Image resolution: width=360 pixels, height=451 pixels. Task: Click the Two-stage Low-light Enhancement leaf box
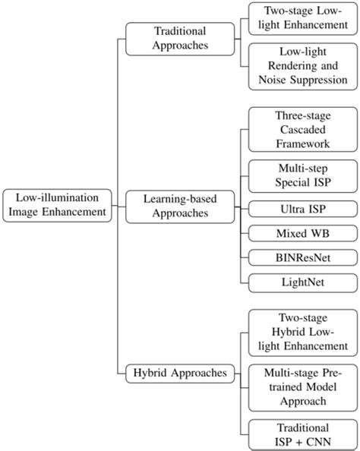pos(302,18)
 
